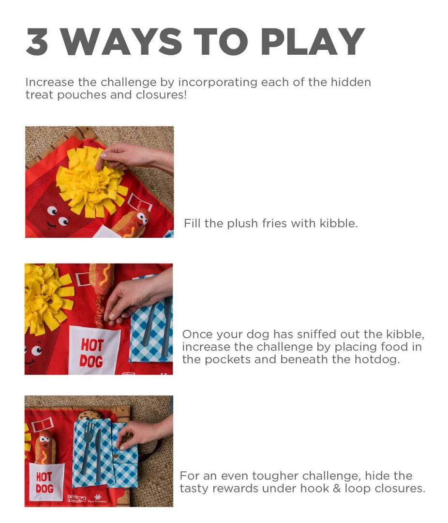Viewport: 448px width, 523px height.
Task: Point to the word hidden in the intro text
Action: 351,82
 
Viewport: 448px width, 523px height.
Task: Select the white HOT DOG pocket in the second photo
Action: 93,350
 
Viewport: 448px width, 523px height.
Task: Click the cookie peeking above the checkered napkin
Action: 89,415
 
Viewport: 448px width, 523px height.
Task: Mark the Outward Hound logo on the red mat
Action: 76,498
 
